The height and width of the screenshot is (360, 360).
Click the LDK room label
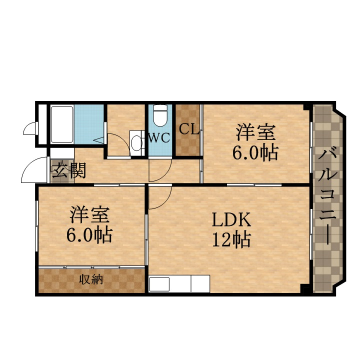click(231, 219)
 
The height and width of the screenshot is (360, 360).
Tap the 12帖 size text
click(231, 239)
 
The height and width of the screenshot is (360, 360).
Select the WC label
click(159, 138)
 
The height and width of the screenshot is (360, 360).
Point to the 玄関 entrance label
click(69, 170)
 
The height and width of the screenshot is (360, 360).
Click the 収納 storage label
click(91, 279)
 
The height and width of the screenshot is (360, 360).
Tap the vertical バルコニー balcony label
click(327, 196)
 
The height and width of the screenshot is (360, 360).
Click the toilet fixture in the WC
click(160, 115)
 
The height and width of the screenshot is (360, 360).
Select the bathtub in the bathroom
click(62, 124)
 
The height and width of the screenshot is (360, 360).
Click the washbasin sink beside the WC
click(137, 143)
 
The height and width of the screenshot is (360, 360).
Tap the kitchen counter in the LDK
click(179, 283)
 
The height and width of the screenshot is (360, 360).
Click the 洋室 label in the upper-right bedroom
click(255, 132)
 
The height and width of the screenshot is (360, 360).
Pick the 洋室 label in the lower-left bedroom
click(89, 214)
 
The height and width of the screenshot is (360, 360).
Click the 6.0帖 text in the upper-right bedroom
click(255, 152)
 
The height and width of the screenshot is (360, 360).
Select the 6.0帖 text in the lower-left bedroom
click(89, 235)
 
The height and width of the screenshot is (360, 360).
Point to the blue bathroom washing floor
click(89, 124)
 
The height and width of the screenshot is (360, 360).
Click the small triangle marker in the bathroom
click(99, 140)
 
